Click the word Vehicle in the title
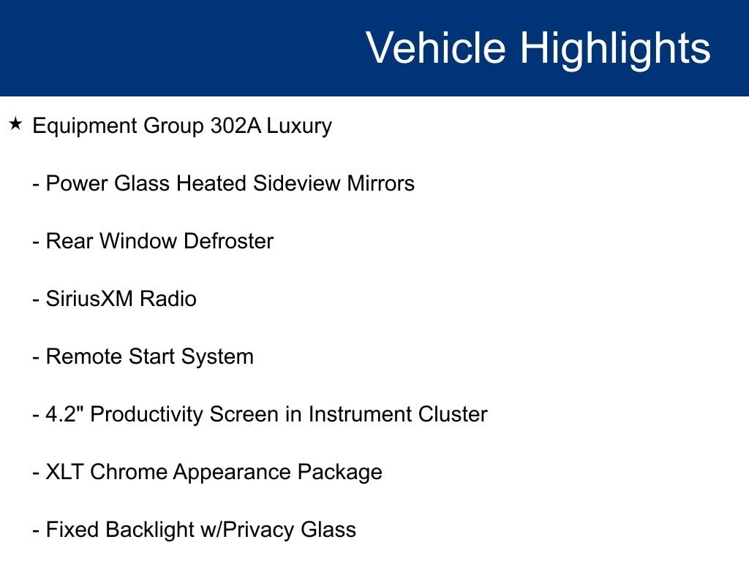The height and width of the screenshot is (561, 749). click(x=436, y=47)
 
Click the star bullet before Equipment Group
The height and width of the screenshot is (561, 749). click(x=15, y=124)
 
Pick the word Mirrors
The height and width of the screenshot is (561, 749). click(x=380, y=183)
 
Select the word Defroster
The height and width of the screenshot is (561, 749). click(x=228, y=241)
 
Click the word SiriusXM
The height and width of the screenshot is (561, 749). click(x=89, y=299)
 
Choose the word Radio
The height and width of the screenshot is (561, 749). click(x=168, y=299)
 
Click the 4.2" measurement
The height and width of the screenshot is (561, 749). click(x=64, y=414)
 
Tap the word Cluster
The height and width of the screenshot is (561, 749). click(x=453, y=414)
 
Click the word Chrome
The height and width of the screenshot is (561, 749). click(x=128, y=472)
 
